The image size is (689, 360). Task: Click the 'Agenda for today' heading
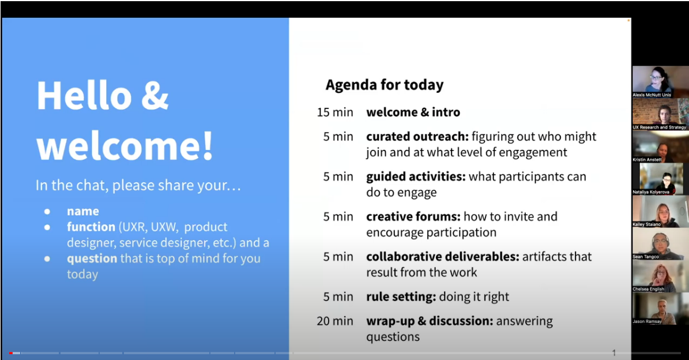[x=385, y=85]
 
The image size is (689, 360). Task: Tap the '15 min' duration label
[x=335, y=112]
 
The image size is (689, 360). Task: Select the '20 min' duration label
[x=335, y=321]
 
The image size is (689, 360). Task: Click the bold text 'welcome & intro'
[x=413, y=112]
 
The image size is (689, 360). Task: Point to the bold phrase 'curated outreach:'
[x=418, y=137]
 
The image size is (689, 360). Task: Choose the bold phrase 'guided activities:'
[x=416, y=177]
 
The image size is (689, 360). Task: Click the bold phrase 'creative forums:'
[x=413, y=217]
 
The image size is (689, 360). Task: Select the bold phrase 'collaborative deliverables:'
[x=443, y=257]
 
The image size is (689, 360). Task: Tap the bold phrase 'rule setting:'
[x=401, y=297]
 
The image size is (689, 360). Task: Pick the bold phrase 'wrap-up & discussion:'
[x=430, y=321]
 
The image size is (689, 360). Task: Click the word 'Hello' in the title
[x=84, y=95]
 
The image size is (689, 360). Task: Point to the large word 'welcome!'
[x=125, y=145]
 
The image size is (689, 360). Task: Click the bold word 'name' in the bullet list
[x=83, y=211]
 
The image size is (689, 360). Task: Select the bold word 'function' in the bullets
[x=91, y=227]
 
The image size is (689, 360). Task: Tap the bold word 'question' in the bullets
[x=92, y=258]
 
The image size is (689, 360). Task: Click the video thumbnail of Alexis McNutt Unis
[x=660, y=82]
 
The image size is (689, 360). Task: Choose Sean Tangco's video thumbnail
[x=660, y=243]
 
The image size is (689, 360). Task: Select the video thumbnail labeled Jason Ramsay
[x=660, y=309]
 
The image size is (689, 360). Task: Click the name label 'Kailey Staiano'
[x=646, y=224]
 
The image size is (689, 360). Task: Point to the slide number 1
[x=614, y=352]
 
